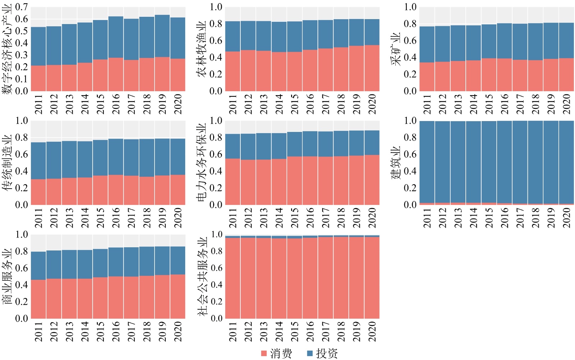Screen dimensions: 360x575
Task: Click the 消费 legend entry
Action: (x=277, y=354)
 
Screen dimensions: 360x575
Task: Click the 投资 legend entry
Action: (x=322, y=354)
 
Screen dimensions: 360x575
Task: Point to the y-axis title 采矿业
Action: (x=396, y=49)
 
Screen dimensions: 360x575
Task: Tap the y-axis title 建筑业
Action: (x=396, y=162)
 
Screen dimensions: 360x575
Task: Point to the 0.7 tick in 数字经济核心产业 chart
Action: (x=22, y=7)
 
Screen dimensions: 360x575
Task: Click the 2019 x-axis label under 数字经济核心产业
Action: (x=162, y=104)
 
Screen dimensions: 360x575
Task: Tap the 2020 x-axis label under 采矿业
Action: (x=566, y=104)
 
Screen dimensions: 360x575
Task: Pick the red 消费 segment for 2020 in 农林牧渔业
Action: (x=372, y=68)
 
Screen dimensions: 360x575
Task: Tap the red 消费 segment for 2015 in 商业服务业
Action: (x=100, y=298)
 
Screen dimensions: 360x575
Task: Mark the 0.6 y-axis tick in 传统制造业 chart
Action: (x=22, y=154)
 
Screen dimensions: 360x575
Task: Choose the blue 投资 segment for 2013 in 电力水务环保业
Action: (x=263, y=146)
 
